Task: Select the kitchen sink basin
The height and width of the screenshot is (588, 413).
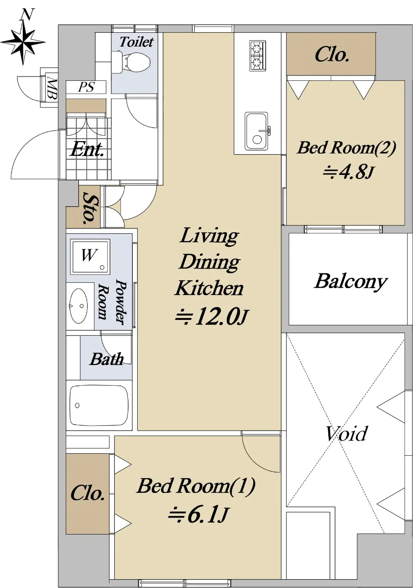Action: click(257, 131)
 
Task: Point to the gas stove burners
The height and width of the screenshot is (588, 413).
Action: click(257, 55)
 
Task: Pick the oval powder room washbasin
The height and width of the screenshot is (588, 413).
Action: click(79, 306)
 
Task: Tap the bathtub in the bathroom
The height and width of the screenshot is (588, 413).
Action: click(98, 405)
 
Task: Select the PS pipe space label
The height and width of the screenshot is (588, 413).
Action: click(86, 87)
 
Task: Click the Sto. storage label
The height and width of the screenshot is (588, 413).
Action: click(89, 208)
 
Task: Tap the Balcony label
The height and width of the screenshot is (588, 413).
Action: click(351, 282)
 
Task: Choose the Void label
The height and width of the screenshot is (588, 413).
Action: click(345, 433)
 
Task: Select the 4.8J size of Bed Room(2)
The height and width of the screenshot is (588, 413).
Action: click(348, 172)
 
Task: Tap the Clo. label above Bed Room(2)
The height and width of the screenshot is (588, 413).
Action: click(332, 54)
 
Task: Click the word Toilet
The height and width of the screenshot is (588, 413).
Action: click(136, 42)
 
